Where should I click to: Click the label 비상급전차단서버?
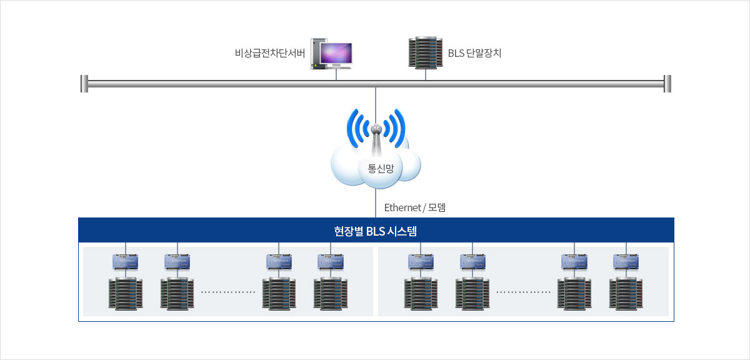tap(269, 53)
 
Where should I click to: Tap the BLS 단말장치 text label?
tap(474, 53)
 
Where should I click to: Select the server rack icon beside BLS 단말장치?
tap(426, 53)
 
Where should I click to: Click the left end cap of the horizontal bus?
tap(84, 83)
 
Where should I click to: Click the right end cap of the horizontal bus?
tap(667, 83)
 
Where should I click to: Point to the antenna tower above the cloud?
tap(376, 141)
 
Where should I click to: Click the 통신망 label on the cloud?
tap(379, 167)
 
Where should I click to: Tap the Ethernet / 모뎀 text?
tap(414, 207)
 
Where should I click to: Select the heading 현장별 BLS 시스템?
tap(376, 231)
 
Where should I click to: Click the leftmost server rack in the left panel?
tap(126, 294)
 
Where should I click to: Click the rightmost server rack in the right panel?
tap(626, 294)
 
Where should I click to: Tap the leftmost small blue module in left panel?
tap(125, 261)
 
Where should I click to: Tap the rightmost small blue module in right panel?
tap(626, 261)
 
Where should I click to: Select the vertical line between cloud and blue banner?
tap(376, 203)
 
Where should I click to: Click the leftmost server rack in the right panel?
tap(421, 294)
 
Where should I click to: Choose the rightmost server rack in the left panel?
tap(331, 294)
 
